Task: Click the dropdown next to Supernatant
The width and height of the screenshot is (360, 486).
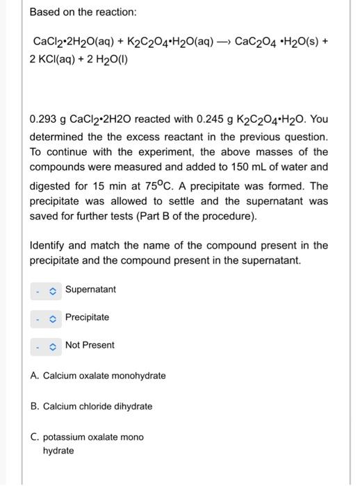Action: (x=47, y=290)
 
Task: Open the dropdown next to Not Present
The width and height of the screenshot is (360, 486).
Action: (x=47, y=345)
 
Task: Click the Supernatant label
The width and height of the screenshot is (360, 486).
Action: (x=90, y=289)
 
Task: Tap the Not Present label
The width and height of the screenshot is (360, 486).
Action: (x=90, y=345)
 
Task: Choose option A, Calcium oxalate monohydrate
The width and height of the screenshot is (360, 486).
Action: (x=98, y=376)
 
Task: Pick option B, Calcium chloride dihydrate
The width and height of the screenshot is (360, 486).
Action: (x=91, y=406)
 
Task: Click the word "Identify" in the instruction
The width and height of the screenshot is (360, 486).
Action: (x=49, y=246)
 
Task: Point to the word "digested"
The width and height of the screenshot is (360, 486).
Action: (x=53, y=186)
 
